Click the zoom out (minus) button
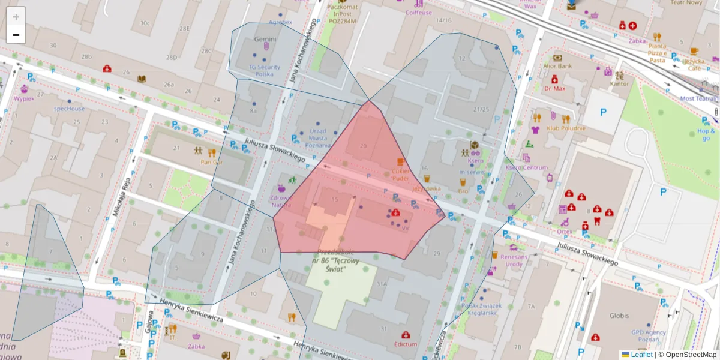click(x=16, y=35)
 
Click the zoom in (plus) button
click(x=16, y=17)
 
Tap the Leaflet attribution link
click(x=641, y=355)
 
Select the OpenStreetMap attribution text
click(x=691, y=355)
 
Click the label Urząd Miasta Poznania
click(x=317, y=138)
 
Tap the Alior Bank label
click(x=557, y=66)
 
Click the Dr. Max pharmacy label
click(x=555, y=88)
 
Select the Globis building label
click(x=619, y=316)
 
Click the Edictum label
click(x=406, y=344)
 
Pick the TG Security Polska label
click(x=264, y=71)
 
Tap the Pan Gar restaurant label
click(x=211, y=162)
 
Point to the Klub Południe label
click(x=565, y=128)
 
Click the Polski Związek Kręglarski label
click(x=478, y=309)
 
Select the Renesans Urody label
click(x=514, y=260)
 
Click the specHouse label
click(x=69, y=109)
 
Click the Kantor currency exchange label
click(x=619, y=83)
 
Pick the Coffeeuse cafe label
click(x=418, y=12)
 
